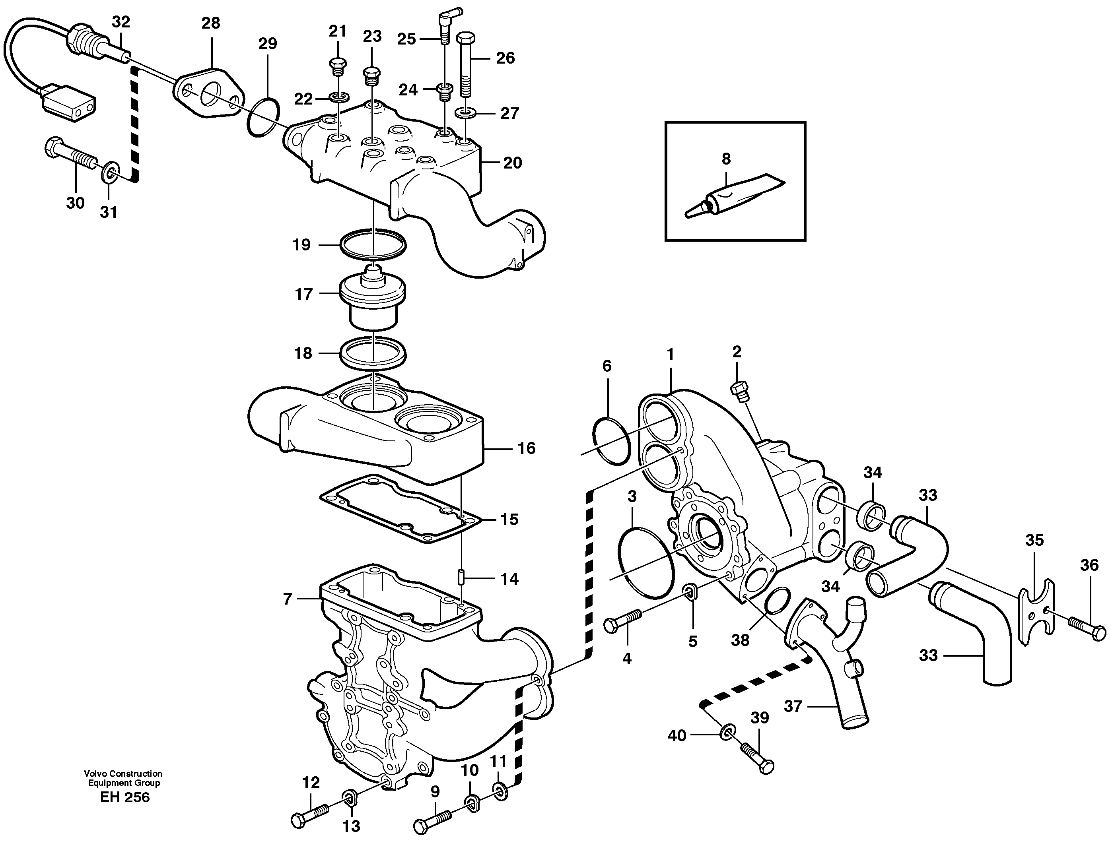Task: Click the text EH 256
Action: click(x=125, y=797)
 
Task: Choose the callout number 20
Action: click(x=512, y=163)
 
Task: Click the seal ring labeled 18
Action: click(x=373, y=353)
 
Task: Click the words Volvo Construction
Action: click(x=123, y=774)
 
